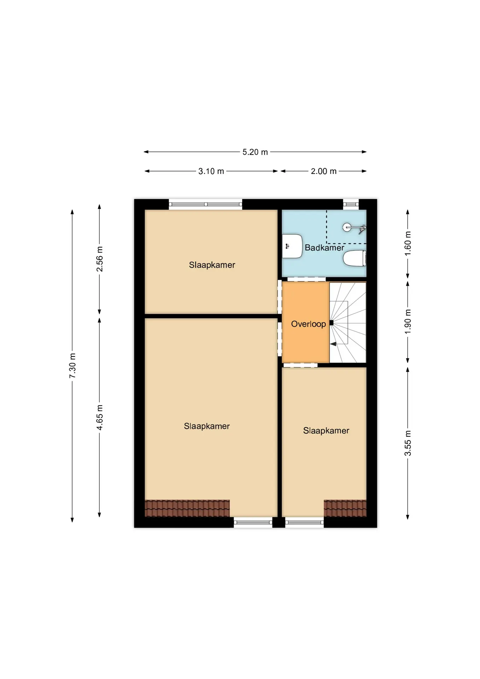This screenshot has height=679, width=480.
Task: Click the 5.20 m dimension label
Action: point(255,152)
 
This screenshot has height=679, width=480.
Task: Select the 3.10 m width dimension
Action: point(211,171)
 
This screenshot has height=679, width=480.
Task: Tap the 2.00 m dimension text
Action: point(323,171)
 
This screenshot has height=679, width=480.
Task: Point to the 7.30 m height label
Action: point(72,365)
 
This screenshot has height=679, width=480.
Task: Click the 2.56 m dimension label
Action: point(100,259)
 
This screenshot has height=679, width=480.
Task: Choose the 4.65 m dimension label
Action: point(100,418)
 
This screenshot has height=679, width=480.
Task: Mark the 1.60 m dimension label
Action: point(408,244)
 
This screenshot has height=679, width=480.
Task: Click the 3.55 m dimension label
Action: point(408,443)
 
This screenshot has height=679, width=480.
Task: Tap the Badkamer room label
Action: point(324,248)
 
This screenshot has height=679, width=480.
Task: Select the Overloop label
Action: point(308,324)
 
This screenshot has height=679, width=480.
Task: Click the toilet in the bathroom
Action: point(354,258)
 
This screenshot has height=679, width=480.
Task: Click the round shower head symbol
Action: point(347,227)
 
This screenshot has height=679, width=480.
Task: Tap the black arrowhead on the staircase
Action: point(333,344)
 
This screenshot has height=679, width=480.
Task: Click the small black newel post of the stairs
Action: point(331,323)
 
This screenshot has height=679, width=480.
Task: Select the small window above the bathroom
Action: point(351,204)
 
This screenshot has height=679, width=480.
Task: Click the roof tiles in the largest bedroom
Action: point(187,508)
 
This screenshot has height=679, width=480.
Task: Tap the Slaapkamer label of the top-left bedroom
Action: point(212,265)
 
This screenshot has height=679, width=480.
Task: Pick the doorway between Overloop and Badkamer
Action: point(306,279)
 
